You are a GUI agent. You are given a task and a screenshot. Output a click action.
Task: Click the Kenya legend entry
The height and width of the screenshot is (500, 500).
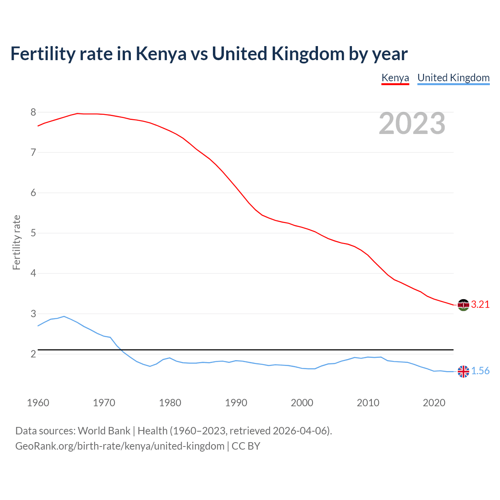click(x=395, y=78)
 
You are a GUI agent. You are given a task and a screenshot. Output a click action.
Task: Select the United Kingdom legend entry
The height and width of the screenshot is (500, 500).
click(x=453, y=78)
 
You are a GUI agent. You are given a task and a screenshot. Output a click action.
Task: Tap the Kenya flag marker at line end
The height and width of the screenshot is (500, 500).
click(x=463, y=305)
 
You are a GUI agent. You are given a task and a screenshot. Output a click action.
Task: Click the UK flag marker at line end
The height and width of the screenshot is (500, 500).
click(x=463, y=371)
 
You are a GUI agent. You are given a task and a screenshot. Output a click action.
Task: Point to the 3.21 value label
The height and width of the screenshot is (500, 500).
click(x=480, y=305)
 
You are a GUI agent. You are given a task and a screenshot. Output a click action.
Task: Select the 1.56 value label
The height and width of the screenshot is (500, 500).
click(x=480, y=371)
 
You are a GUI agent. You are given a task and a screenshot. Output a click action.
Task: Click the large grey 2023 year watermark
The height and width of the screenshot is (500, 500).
click(x=412, y=123)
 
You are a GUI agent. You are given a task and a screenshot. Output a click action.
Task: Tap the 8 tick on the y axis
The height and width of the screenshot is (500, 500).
click(x=33, y=112)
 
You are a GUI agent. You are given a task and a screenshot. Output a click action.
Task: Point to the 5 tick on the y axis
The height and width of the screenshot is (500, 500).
click(x=33, y=233)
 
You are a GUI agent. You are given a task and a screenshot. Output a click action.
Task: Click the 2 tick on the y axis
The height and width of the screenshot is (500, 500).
click(x=33, y=354)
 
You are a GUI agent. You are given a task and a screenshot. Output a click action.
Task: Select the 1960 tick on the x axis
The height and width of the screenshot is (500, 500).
click(x=38, y=403)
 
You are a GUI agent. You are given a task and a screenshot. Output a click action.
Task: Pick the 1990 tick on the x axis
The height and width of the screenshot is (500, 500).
click(x=236, y=403)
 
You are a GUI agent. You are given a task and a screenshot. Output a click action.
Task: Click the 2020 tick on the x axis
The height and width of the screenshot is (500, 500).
click(x=434, y=403)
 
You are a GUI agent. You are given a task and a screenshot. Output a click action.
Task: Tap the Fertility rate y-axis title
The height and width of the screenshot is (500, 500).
click(x=16, y=242)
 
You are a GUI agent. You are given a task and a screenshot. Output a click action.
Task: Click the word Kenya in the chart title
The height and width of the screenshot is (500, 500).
click(x=161, y=54)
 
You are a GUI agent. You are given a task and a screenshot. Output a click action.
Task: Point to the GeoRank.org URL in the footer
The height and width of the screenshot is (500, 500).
click(x=120, y=446)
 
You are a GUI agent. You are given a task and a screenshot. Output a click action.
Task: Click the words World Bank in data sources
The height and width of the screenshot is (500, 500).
click(x=104, y=431)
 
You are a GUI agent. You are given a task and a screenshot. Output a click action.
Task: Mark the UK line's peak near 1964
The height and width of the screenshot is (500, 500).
click(x=64, y=316)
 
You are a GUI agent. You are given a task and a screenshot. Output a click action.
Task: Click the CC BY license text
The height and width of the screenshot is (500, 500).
click(x=246, y=446)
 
